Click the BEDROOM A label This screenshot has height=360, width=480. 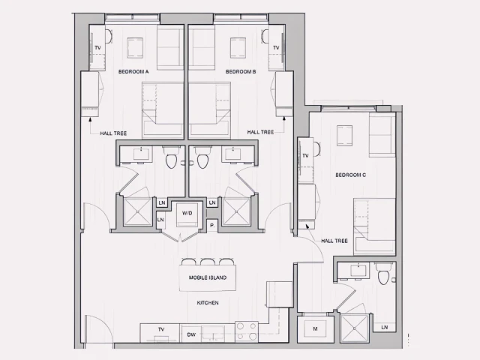(133, 71)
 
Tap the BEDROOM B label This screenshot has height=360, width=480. (241, 71)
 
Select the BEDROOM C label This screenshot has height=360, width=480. (350, 175)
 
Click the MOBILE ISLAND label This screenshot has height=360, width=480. (208, 277)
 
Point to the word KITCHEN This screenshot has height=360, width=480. (208, 302)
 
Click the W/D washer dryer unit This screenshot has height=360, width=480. (187, 213)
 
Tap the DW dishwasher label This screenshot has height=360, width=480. (191, 334)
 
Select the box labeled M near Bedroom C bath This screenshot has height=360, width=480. (314, 328)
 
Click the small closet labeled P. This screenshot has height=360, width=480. (211, 225)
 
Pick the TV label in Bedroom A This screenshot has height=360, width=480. (97, 48)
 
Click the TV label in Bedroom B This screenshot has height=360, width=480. (276, 48)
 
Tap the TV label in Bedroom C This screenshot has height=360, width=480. (305, 155)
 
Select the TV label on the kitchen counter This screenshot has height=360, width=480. (160, 329)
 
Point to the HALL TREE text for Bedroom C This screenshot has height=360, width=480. (334, 241)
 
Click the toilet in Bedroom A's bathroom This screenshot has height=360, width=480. (171, 160)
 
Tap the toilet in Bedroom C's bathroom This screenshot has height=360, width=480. (383, 277)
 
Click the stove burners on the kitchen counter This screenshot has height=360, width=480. (247, 331)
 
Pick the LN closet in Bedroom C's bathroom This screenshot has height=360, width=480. (384, 327)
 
